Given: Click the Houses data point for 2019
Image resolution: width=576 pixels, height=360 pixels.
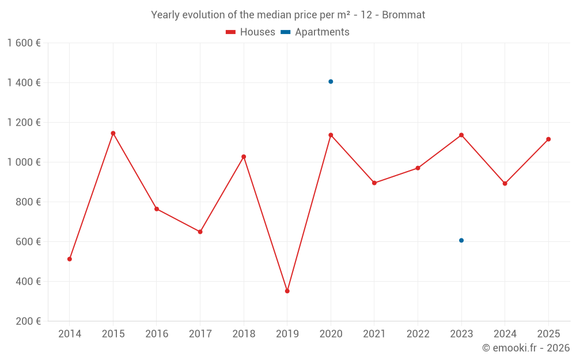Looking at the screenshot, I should pos(287,291).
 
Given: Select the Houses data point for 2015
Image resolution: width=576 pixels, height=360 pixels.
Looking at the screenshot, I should pos(113,133).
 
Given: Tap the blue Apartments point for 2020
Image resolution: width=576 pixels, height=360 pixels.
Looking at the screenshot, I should pos(331,81).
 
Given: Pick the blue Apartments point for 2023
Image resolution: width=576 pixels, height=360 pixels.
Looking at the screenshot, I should pos(461,240).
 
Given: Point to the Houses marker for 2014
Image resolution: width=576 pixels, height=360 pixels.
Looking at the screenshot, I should pos(70,259).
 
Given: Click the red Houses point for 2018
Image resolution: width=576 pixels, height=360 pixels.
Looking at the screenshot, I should pos(244,157).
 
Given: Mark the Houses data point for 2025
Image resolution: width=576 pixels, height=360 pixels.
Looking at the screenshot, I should pos(548,139).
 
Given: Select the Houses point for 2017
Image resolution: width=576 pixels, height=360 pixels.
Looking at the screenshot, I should pos(200,232).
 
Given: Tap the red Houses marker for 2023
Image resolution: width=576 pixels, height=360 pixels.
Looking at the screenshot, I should pos(461,135).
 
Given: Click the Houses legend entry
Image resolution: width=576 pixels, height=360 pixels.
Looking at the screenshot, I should pos(251,32).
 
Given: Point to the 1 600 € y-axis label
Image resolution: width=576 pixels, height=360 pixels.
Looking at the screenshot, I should pos(24,43).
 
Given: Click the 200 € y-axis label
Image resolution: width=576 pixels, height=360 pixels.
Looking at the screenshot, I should pos(29,321).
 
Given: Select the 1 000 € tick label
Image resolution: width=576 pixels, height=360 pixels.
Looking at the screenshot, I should pos(24,162).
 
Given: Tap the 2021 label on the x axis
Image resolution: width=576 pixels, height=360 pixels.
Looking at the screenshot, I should pos(374,334).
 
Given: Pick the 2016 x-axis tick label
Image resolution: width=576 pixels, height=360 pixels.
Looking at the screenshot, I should pos(157,334).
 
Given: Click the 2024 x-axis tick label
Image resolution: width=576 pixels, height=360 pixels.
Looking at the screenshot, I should pos(505,334).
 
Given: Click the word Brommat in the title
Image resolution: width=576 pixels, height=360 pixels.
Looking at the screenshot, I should pos(406,15).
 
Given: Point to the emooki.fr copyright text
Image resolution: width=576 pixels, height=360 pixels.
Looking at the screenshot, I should pos(526,348).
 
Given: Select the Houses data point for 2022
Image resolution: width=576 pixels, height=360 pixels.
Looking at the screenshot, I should pos(418,168).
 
